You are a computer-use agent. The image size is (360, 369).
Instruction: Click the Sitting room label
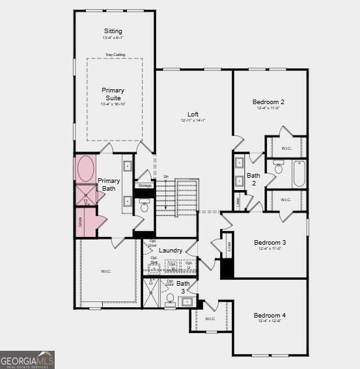(x=113, y=31)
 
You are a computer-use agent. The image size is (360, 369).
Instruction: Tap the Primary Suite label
(x=113, y=94)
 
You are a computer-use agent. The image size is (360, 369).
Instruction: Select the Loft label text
(x=193, y=114)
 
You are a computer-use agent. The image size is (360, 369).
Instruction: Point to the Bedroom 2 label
(x=268, y=102)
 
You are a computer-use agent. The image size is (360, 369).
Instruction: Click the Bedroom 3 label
(x=270, y=242)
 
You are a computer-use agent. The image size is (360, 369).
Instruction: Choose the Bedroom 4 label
(x=270, y=315)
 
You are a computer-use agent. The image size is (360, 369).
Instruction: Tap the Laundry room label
(x=171, y=250)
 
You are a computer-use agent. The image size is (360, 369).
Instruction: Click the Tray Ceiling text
(x=115, y=55)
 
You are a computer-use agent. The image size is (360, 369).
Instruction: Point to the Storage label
(x=145, y=185)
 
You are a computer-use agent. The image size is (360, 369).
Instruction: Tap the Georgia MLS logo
(x=27, y=360)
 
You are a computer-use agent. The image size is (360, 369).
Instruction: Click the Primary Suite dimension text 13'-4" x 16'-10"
(x=113, y=104)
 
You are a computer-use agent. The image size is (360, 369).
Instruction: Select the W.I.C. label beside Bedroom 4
(x=210, y=319)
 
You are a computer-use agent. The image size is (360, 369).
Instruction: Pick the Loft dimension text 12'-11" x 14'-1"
(x=193, y=120)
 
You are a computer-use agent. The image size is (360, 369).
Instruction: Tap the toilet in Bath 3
(x=171, y=300)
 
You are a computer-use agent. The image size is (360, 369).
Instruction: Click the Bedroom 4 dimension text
(x=270, y=321)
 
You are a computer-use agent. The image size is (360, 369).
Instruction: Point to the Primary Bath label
(x=109, y=185)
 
